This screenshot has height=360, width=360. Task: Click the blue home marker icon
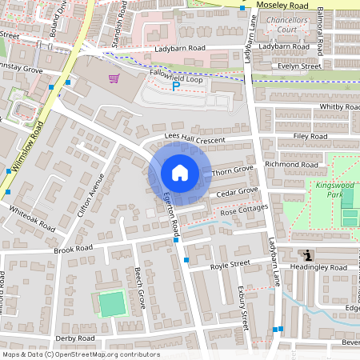point(180,173)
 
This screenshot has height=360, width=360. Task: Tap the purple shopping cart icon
point(114,78)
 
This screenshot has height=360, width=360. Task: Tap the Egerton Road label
point(171,215)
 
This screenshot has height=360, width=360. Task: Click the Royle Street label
point(226,265)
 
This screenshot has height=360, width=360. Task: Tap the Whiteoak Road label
point(31,218)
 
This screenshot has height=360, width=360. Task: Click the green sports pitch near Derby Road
point(113,304)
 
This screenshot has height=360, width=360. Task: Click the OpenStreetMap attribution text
point(80,354)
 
